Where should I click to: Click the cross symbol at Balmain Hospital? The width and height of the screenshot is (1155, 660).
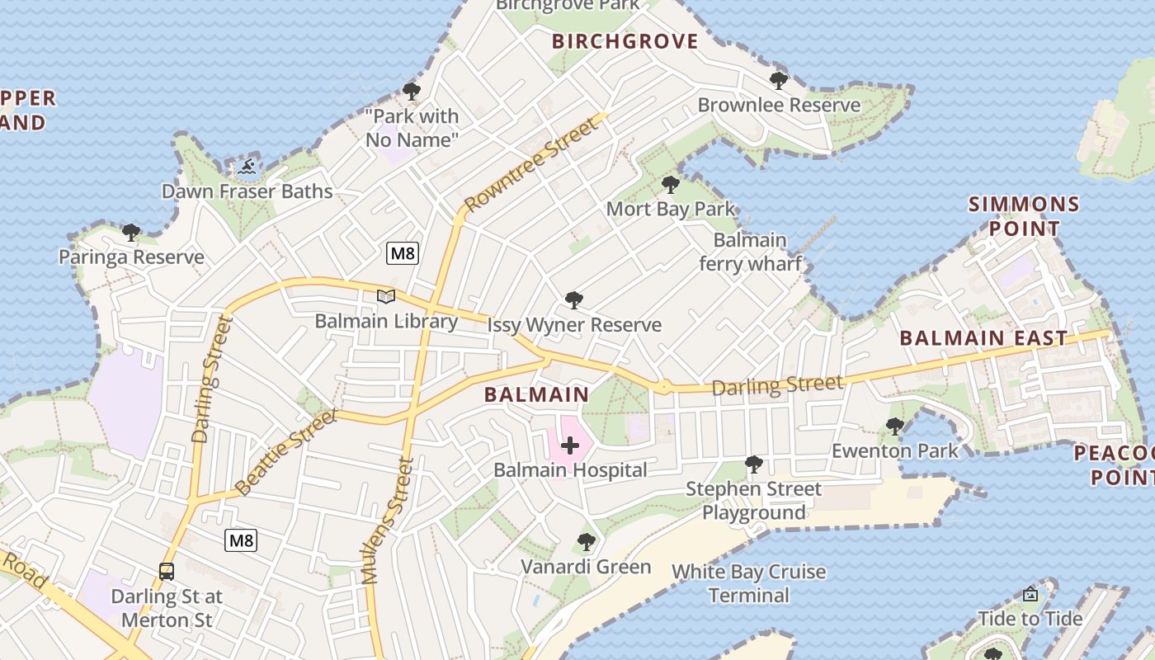pos(570,446)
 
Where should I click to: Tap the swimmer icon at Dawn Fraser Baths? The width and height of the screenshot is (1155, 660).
pos(247,167)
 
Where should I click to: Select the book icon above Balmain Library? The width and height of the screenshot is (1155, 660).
pos(386,296)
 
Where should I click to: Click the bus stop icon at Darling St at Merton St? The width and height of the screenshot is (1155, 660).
pos(167,571)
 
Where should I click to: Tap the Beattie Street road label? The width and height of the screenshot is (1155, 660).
pos(285,452)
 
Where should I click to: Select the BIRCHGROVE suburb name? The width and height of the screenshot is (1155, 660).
pos(625,42)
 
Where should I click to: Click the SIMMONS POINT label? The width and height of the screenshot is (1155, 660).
pos(1024,216)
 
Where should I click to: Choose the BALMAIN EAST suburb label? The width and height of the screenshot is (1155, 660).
pos(983,338)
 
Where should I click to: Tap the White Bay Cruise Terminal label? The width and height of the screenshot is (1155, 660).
pos(748,583)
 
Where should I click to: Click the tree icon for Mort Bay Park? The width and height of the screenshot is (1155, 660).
pos(671,184)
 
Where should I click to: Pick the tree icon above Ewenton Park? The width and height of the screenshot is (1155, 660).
pos(894,427)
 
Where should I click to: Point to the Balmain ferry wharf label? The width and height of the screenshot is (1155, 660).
pos(750,252)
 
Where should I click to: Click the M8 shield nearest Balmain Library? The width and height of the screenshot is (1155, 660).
pos(403,253)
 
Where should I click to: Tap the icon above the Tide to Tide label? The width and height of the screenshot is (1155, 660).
pos(1030,594)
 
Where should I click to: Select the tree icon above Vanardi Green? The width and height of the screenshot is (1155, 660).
pos(586,542)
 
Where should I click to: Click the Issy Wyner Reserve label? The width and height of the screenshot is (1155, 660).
pos(574,325)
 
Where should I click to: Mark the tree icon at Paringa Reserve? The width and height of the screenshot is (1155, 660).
pos(130,233)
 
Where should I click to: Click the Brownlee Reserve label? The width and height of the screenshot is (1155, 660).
pos(779,105)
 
